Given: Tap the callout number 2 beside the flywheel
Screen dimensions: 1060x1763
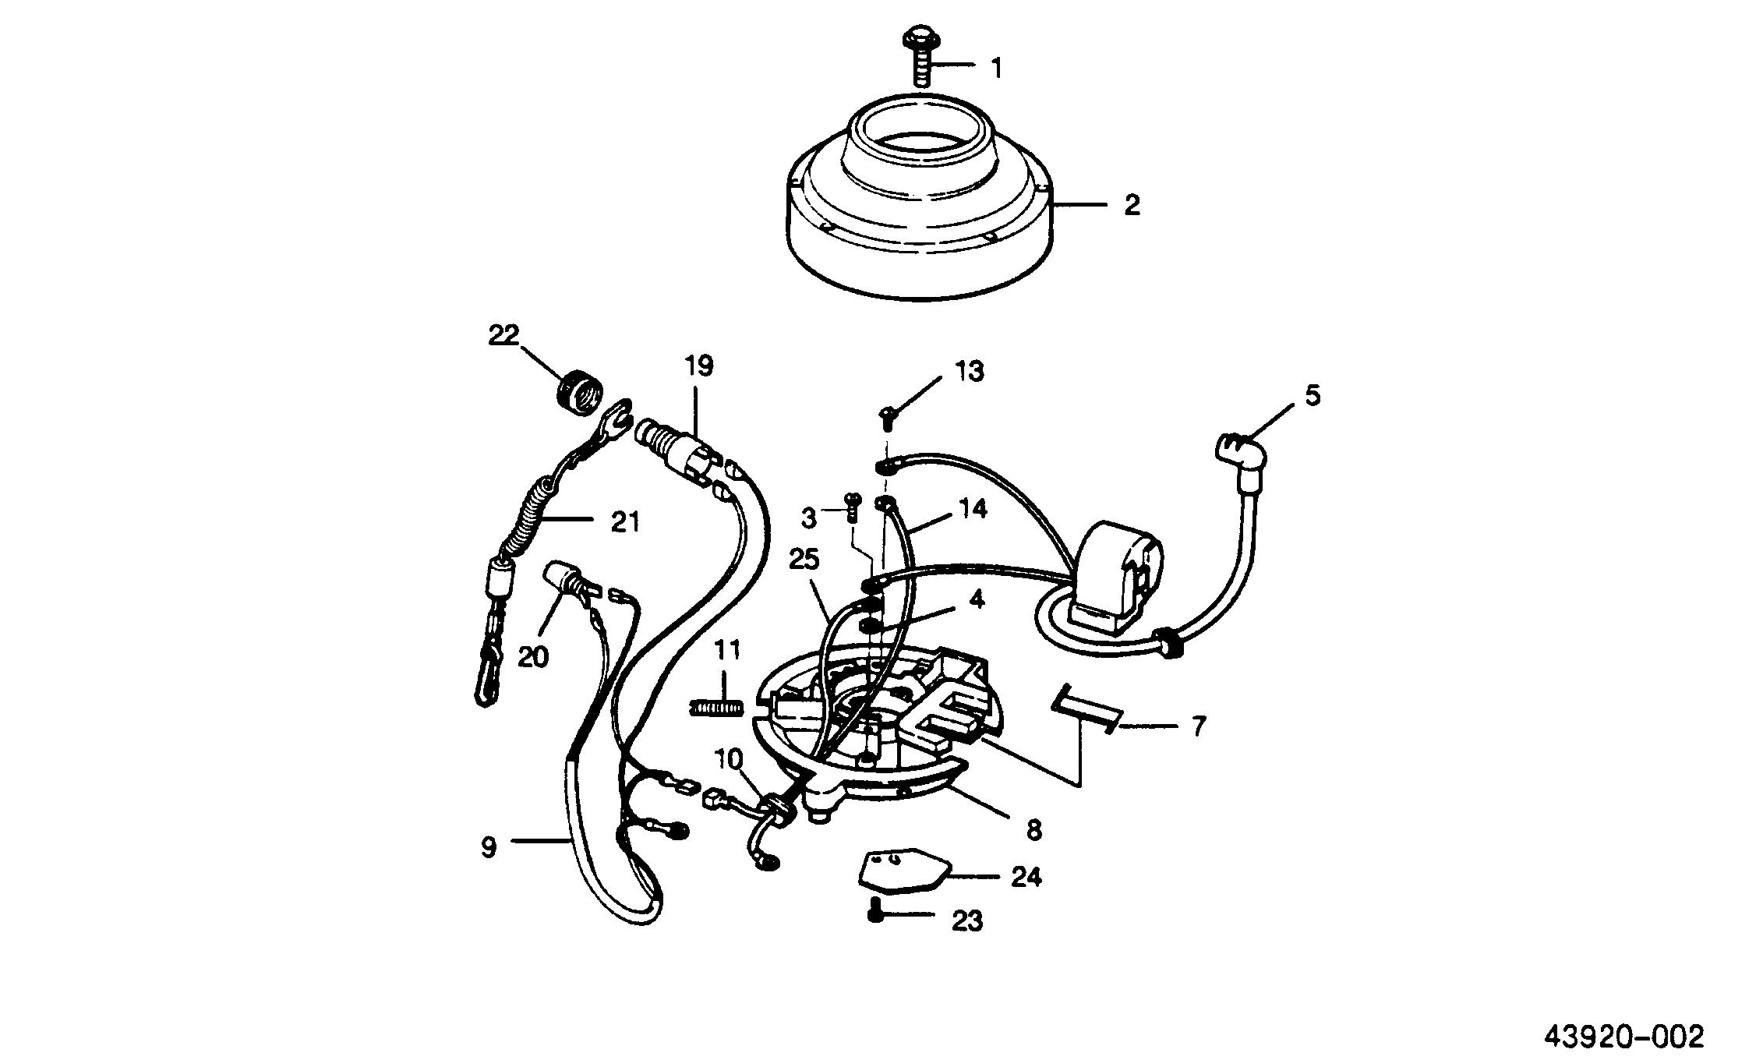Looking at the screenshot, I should pos(1131,206).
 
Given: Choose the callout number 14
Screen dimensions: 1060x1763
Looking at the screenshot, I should pos(972,510).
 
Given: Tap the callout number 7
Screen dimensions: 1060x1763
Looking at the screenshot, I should pos(1199,726).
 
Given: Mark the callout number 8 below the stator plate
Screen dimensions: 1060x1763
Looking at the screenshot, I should pos(1033,830).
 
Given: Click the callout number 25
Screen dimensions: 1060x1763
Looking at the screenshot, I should pos(804,560).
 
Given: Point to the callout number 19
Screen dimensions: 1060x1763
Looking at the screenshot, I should pos(699,366).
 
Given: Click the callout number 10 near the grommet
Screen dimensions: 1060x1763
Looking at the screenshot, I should pos(729,759).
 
